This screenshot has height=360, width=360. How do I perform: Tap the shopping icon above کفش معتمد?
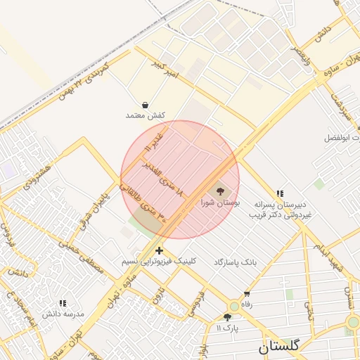click(x=145, y=104)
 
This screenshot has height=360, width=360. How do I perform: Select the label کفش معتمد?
click(x=145, y=115)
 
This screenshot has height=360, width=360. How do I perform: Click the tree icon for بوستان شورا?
click(x=220, y=191)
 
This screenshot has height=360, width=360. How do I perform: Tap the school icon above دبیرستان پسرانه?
click(x=280, y=193)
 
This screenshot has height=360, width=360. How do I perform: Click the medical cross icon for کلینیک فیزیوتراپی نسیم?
click(x=160, y=250)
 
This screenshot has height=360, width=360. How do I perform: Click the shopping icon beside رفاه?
click(x=247, y=294)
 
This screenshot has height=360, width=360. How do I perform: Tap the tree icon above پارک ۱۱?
click(x=233, y=317)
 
